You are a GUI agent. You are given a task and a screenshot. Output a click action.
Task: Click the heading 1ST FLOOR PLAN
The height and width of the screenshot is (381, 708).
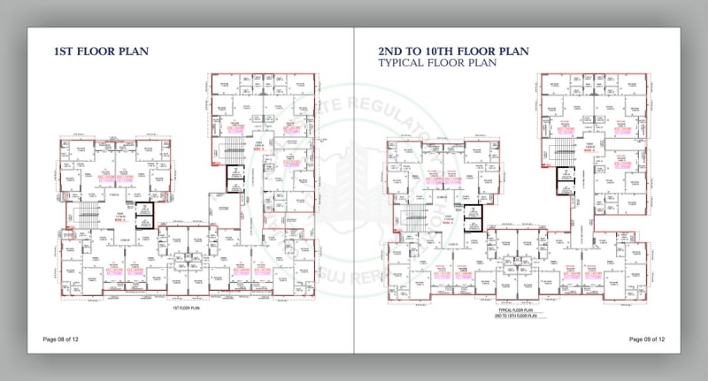[101, 51]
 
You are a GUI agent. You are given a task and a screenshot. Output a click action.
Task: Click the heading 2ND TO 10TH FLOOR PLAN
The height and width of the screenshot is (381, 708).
[453, 51]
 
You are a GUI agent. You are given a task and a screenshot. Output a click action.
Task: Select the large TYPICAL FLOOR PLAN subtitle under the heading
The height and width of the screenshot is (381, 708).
[436, 63]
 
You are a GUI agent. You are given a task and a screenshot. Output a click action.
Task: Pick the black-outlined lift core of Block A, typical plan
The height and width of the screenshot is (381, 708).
[473, 217]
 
